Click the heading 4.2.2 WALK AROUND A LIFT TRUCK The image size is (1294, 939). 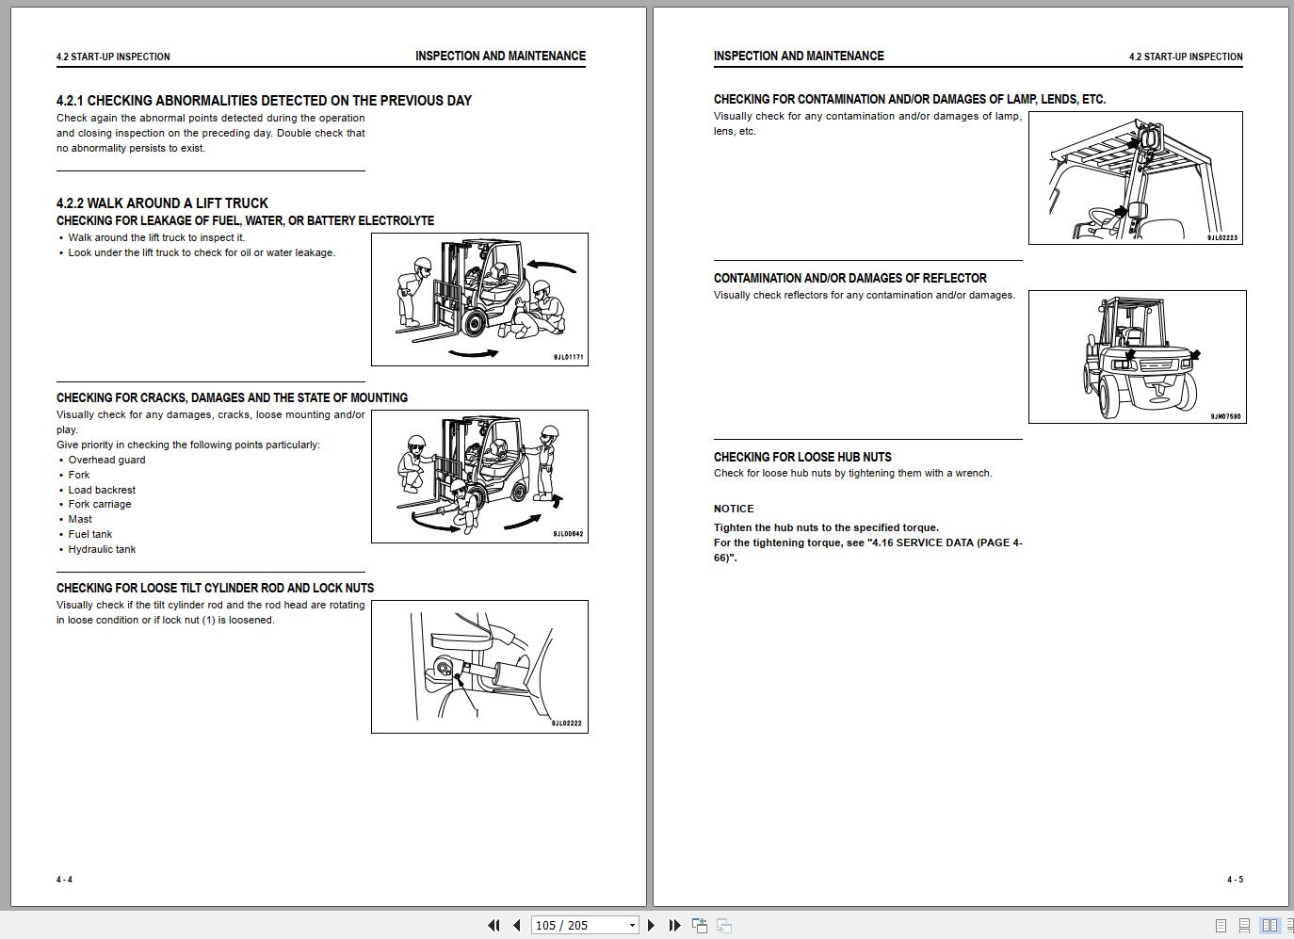162,203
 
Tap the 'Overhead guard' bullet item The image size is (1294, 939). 106,460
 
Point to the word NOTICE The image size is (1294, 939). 734,510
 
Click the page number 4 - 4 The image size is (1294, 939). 64,880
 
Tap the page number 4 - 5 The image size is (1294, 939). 1235,880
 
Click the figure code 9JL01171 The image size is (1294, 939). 569,357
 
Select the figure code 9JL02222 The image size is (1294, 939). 567,723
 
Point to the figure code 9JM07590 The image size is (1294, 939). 1226,416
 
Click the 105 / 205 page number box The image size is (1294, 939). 585,925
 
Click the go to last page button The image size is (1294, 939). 674,925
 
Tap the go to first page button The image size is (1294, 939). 493,925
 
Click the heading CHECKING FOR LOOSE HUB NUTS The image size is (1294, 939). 802,457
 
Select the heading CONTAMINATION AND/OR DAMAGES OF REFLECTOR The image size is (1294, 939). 849,278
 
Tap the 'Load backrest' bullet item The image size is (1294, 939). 102,490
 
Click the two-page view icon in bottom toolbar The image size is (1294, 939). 1270,925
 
